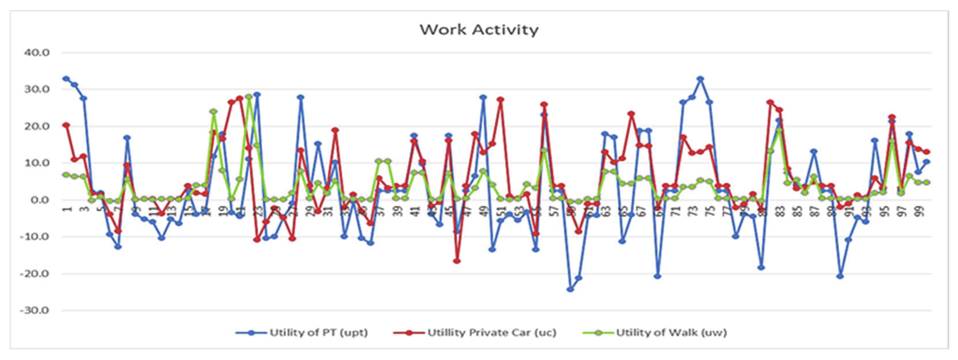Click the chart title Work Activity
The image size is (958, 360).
479,30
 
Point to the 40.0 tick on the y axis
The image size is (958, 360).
37,52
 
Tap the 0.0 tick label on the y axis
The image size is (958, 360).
40,200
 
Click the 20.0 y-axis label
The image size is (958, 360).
37,126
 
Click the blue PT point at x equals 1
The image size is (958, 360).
66,79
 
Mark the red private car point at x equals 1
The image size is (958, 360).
66,125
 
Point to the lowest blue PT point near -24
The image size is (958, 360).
570,289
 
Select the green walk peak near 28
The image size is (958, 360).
249,97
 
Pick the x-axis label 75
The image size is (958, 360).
711,212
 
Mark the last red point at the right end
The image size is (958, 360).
927,152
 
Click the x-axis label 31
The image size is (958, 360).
328,212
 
